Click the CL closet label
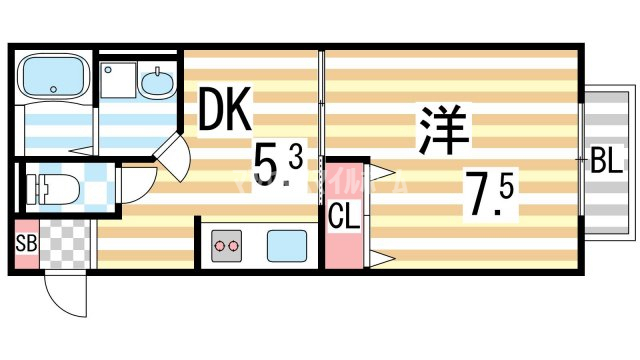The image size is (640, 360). pyautogui.click(x=342, y=215)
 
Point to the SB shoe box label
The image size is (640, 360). pyautogui.click(x=25, y=243)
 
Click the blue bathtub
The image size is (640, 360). pyautogui.click(x=54, y=75)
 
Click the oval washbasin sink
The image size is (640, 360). pyautogui.click(x=156, y=82)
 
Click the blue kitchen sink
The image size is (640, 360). pyautogui.click(x=286, y=243)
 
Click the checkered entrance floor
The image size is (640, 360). pyautogui.click(x=66, y=243)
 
